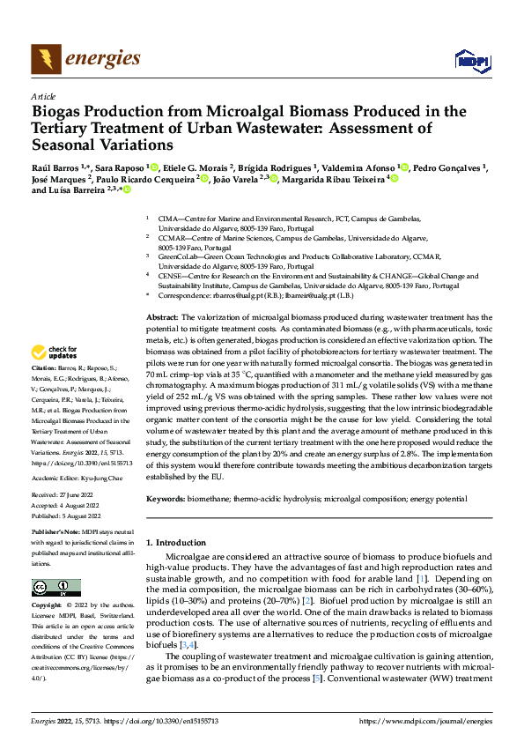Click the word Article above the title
[43, 96]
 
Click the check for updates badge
[58, 351]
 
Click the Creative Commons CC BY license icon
[55, 588]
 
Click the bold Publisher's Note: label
[57, 533]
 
